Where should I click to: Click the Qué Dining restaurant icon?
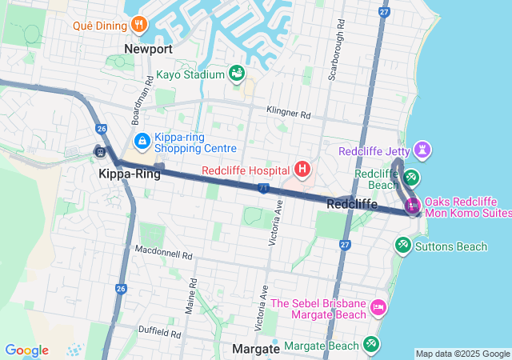pos(140,24)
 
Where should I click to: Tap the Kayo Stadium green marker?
pos(237,74)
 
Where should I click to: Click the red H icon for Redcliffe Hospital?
pos(302,169)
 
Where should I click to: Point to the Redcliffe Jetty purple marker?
pos(422,150)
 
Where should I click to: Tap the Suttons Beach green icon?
pos(403,246)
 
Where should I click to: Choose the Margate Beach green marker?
pos(371,345)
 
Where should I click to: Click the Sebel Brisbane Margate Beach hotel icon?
pos(378,307)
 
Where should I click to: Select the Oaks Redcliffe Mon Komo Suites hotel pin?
pos(413,206)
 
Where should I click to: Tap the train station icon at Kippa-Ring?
pos(100,151)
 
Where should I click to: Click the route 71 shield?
pos(263,188)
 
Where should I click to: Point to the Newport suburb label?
pos(148,49)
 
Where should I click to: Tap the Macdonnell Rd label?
pos(164,255)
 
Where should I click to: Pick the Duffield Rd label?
pos(159,331)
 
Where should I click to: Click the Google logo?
pos(26,350)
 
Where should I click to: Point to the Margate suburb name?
pos(255,350)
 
